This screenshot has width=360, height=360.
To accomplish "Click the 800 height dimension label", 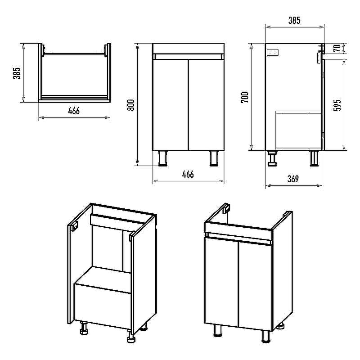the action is click(131, 105).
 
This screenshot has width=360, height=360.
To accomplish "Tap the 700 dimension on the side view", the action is click(245, 97).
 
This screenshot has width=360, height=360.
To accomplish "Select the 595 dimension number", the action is click(337, 105).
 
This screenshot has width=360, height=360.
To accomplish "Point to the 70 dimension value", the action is click(337, 49).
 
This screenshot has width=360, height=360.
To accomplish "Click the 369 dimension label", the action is click(293, 179).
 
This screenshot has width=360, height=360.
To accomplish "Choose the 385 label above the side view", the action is click(294, 20).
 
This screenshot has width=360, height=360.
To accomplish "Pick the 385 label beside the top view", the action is click(17, 73).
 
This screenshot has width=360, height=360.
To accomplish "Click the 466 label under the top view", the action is click(74, 111).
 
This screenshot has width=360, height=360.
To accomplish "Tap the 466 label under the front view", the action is click(188, 175).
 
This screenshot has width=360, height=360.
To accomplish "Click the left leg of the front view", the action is click(163, 158).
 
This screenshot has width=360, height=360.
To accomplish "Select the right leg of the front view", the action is click(214, 158).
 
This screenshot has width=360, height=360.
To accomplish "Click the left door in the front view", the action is click(171, 105).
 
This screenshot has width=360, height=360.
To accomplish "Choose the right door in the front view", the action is click(206, 105).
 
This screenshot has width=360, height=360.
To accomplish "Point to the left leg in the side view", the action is click(273, 158).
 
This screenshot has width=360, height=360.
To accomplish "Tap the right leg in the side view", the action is click(314, 158).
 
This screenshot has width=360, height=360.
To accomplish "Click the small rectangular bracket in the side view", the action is click(273, 53).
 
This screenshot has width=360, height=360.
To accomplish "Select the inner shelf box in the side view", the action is click(298, 130).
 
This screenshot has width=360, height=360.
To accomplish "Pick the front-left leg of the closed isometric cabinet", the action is click(218, 331).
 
